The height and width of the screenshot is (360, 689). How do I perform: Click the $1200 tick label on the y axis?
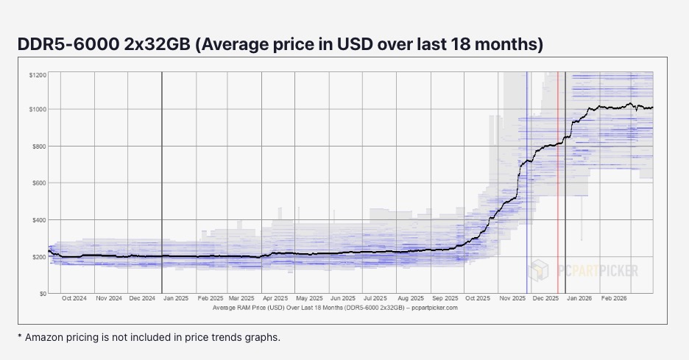tap(37, 75)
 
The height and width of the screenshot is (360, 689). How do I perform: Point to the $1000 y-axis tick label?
tap(37, 109)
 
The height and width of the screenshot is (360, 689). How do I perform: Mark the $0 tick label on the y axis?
tap(43, 293)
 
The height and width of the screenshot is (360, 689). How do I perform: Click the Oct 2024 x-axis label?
tap(75, 299)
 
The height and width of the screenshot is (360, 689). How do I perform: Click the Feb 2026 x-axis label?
tap(614, 299)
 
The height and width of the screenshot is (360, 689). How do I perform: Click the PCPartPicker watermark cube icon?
tap(539, 269)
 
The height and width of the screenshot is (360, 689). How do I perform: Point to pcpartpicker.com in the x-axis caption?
tap(434, 308)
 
